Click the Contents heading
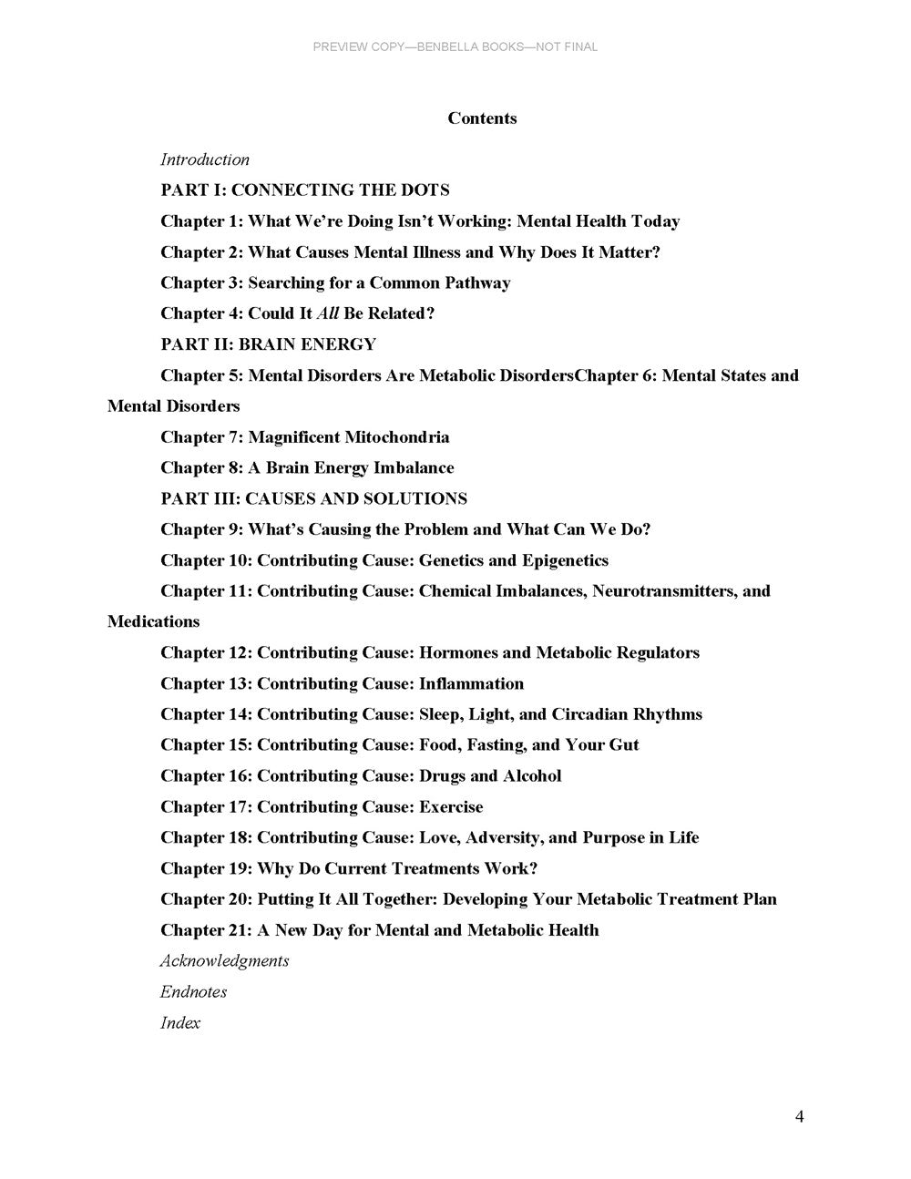482,118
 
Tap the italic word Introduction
205,159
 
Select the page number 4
799,1117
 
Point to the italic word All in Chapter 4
327,313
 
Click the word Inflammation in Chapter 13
471,683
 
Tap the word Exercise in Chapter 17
451,806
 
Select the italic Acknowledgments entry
225,960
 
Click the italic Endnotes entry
194,991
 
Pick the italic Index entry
180,1022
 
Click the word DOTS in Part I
425,190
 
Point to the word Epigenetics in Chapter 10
565,560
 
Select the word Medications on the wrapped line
153,621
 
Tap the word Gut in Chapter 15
624,744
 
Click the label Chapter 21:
206,929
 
